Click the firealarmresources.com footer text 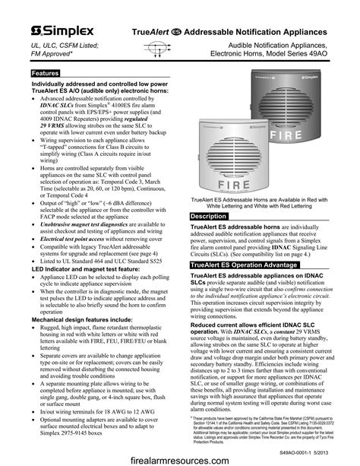click(180, 459)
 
